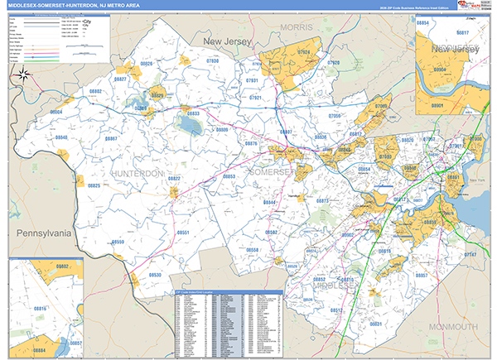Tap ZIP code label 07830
212,61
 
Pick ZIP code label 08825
94,186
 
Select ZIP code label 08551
183,233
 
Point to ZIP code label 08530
156,274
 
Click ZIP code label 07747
470,255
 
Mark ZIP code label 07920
333,63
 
